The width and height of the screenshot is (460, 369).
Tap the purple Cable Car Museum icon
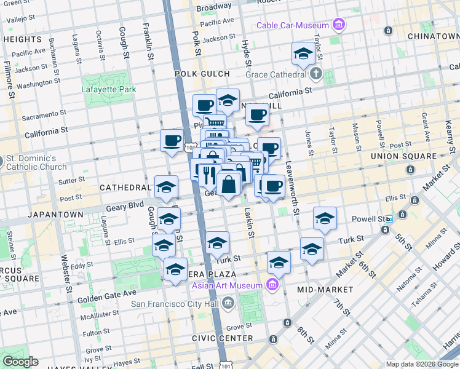point(338,25)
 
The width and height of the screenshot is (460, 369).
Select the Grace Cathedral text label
point(276,75)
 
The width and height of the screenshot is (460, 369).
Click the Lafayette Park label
point(109,89)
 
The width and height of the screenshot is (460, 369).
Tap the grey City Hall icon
point(228,303)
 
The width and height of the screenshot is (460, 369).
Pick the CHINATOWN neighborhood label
point(433,36)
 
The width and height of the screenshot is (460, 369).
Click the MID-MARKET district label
point(325,289)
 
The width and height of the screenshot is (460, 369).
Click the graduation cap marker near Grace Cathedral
point(303,55)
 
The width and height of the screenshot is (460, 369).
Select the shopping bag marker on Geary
point(228,184)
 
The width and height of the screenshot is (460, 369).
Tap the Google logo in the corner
point(20,362)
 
